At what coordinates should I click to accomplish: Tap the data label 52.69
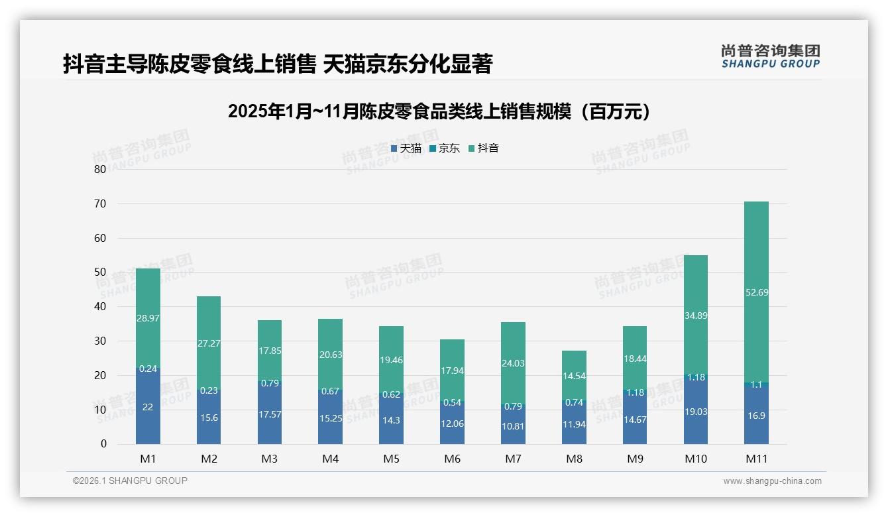click(x=756, y=292)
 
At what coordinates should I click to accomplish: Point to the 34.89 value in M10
click(x=695, y=316)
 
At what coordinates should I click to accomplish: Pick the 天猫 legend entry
click(x=406, y=148)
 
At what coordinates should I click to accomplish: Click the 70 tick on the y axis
click(x=99, y=203)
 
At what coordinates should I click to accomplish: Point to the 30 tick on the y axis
click(x=99, y=341)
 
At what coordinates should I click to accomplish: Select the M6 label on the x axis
click(x=452, y=459)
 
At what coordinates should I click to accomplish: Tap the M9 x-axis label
click(x=634, y=459)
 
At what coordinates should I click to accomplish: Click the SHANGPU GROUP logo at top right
click(x=770, y=56)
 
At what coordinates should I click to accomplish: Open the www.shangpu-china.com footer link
click(x=772, y=481)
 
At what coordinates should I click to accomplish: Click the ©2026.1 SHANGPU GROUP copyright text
click(x=130, y=481)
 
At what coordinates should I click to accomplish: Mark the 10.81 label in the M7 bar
click(x=513, y=427)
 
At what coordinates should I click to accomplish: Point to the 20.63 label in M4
click(x=330, y=355)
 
